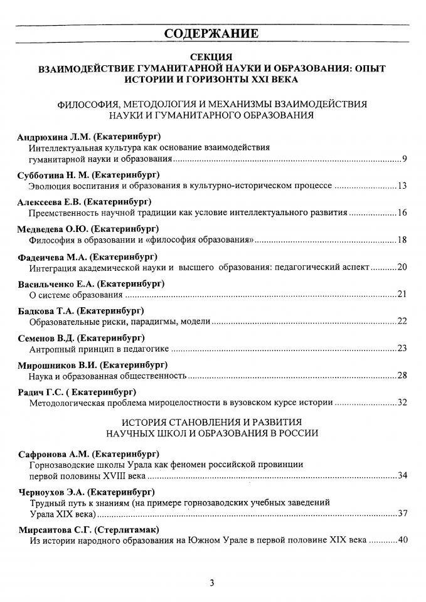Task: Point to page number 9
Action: click(x=405, y=160)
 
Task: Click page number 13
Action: click(x=403, y=186)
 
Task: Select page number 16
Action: click(x=403, y=213)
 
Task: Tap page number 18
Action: click(x=403, y=240)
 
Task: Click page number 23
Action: click(x=403, y=348)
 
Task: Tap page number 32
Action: click(x=403, y=403)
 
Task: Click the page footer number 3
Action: click(x=212, y=583)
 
